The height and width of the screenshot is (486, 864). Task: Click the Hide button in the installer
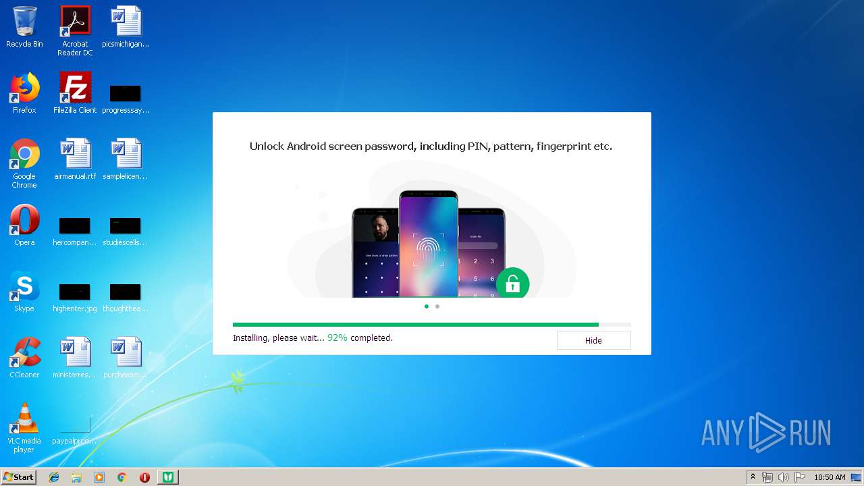[x=593, y=340]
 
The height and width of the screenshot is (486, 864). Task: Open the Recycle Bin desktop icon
[x=24, y=22]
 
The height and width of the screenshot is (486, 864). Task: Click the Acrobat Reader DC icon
[x=75, y=22]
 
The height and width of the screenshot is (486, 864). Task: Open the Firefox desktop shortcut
[x=24, y=88]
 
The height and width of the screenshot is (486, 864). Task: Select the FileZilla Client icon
[x=75, y=88]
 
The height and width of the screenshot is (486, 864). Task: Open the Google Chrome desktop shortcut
[x=24, y=155]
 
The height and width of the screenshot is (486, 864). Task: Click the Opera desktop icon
[x=24, y=220]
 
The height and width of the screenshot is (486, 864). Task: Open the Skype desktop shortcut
[x=24, y=287]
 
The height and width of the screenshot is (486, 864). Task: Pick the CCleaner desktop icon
[x=24, y=352]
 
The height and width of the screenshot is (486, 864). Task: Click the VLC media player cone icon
[x=24, y=418]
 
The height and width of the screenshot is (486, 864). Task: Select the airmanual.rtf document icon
[x=75, y=155]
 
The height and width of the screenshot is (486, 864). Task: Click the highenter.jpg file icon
[x=74, y=292]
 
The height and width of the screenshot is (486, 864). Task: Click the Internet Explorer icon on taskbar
[x=54, y=477]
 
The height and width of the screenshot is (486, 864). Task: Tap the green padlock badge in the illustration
[x=512, y=283]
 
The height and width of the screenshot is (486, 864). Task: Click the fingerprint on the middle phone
[x=428, y=250]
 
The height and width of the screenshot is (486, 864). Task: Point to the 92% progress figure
[x=337, y=337]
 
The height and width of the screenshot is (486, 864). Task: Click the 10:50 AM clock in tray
[x=830, y=477]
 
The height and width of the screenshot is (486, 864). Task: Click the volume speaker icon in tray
[x=783, y=477]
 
